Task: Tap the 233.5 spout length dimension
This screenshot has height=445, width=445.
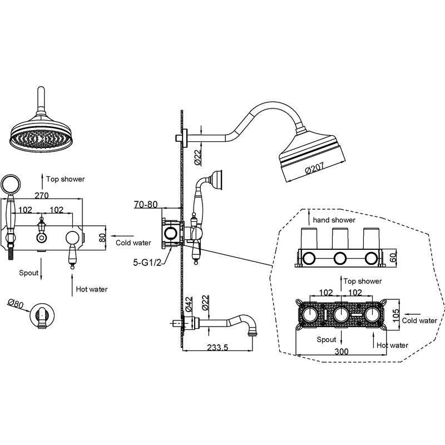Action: coord(217,347)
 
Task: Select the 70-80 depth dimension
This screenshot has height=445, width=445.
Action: coord(146,204)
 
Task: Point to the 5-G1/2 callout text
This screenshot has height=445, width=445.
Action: coord(147,263)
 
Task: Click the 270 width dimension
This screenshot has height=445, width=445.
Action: coord(41,195)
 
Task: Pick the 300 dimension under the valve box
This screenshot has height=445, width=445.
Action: coord(342,352)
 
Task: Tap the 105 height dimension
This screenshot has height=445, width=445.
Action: coord(395,315)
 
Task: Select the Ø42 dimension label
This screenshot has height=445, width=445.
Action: coord(189,304)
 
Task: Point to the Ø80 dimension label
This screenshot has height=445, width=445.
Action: coord(16,304)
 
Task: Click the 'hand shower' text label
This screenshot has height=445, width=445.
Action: coord(334,220)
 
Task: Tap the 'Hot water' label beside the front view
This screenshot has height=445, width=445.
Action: coord(92,289)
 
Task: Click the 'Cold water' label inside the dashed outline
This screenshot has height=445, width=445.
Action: coord(419,320)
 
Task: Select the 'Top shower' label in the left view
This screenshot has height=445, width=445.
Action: coord(66,179)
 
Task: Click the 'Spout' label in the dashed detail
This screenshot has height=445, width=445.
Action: coord(327,339)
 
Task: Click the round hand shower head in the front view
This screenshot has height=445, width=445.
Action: coord(11,184)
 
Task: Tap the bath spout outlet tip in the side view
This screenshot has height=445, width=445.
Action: coord(252,333)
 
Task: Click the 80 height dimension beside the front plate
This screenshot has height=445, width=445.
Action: coord(102,238)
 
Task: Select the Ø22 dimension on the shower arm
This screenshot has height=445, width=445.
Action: coord(197,157)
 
